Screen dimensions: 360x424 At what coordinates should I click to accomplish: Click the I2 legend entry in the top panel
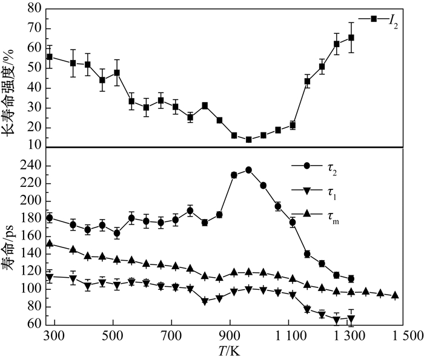coord(381,20)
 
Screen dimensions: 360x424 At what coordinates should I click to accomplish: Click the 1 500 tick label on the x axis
coord(405,336)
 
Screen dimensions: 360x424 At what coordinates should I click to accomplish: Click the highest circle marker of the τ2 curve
coord(248,170)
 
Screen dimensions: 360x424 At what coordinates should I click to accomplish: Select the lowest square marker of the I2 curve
coord(248,139)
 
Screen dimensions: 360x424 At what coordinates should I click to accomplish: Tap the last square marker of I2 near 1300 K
coord(351,38)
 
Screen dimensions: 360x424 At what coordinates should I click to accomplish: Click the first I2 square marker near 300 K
coord(50,57)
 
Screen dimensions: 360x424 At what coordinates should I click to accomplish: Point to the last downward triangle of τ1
coord(351,319)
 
